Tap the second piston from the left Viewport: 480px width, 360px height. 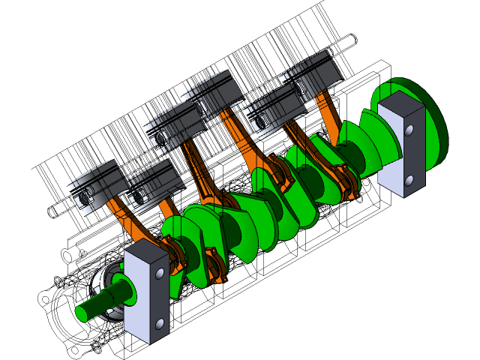154,184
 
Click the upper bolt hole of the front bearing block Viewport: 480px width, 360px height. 160,274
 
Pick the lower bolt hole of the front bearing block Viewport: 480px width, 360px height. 159,324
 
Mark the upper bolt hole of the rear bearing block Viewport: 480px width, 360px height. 409,131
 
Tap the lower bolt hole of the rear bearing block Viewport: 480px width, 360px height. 409,181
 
